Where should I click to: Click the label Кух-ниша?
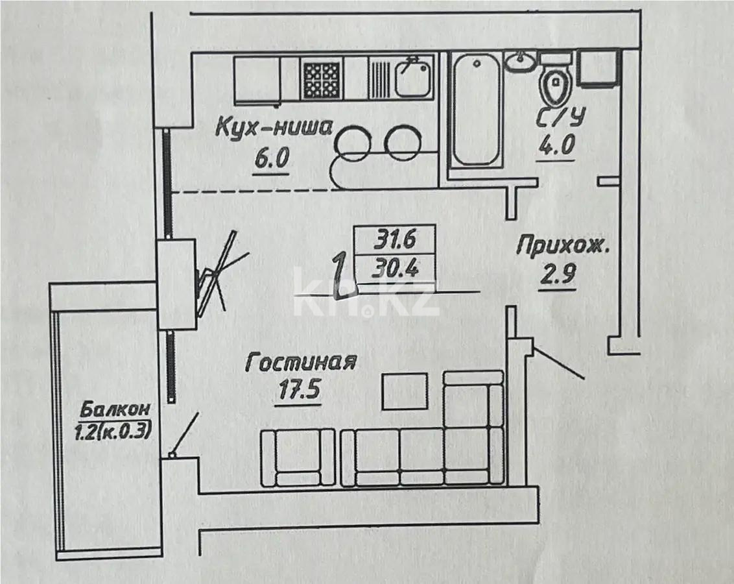click(274, 127)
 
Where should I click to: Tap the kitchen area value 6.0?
click(270, 159)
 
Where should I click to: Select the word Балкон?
click(116, 410)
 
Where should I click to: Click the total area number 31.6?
click(394, 240)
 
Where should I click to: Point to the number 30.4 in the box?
click(394, 267)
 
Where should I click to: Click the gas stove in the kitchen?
click(322, 80)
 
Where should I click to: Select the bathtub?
click(477, 111)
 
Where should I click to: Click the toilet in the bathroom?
click(554, 84)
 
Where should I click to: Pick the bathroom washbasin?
click(521, 62)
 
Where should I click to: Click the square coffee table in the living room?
click(405, 391)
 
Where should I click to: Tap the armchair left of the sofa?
click(298, 457)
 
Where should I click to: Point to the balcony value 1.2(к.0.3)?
click(115, 430)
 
